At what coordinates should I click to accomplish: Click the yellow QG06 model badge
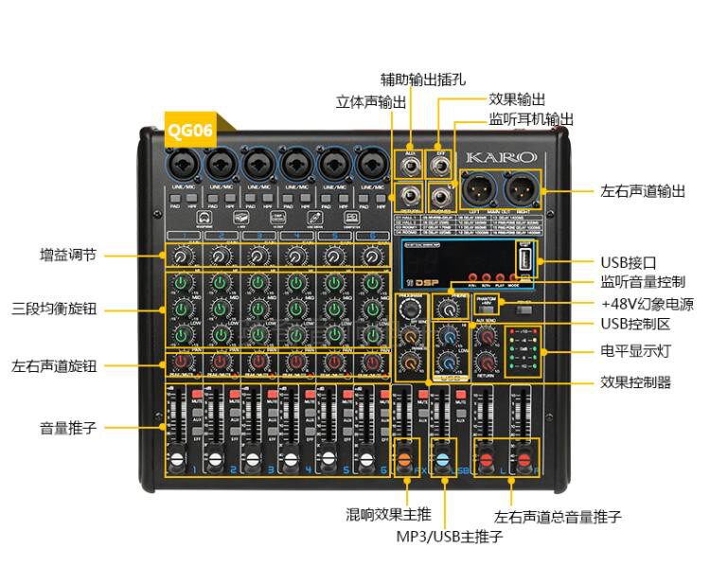pos(190,131)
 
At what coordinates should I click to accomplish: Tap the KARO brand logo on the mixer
pos(501,156)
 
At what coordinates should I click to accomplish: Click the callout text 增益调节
pos(67,255)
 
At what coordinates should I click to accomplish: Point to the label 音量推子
pos(67,427)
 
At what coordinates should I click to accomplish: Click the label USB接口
pos(628,262)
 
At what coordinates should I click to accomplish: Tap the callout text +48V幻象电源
pos(647,305)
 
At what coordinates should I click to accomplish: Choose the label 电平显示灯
pos(635,350)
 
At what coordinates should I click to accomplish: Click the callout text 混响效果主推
pos(388,515)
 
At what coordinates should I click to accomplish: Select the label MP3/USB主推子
pos(449,537)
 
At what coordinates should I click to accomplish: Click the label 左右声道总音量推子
pos(558,517)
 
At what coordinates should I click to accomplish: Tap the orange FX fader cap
pos(404,460)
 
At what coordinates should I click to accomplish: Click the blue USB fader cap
pos(440,460)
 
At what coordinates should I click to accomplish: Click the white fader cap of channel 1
pos(176,460)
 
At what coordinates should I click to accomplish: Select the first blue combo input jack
pos(184,164)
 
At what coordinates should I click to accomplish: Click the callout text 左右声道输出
pos(643,190)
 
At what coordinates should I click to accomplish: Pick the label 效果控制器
pos(635,383)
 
